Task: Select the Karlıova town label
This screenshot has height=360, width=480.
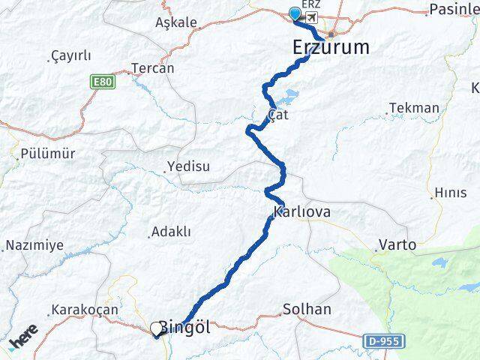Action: click(x=302, y=212)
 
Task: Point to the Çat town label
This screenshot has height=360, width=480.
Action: click(x=277, y=115)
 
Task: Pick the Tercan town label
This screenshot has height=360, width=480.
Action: click(x=152, y=68)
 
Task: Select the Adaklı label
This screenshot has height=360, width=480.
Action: click(x=171, y=232)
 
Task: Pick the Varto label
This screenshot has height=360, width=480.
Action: click(x=397, y=245)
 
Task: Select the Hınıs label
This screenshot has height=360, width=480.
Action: click(x=450, y=193)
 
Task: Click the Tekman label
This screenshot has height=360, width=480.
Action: click(x=414, y=108)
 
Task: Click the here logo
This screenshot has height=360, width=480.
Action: click(x=22, y=342)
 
